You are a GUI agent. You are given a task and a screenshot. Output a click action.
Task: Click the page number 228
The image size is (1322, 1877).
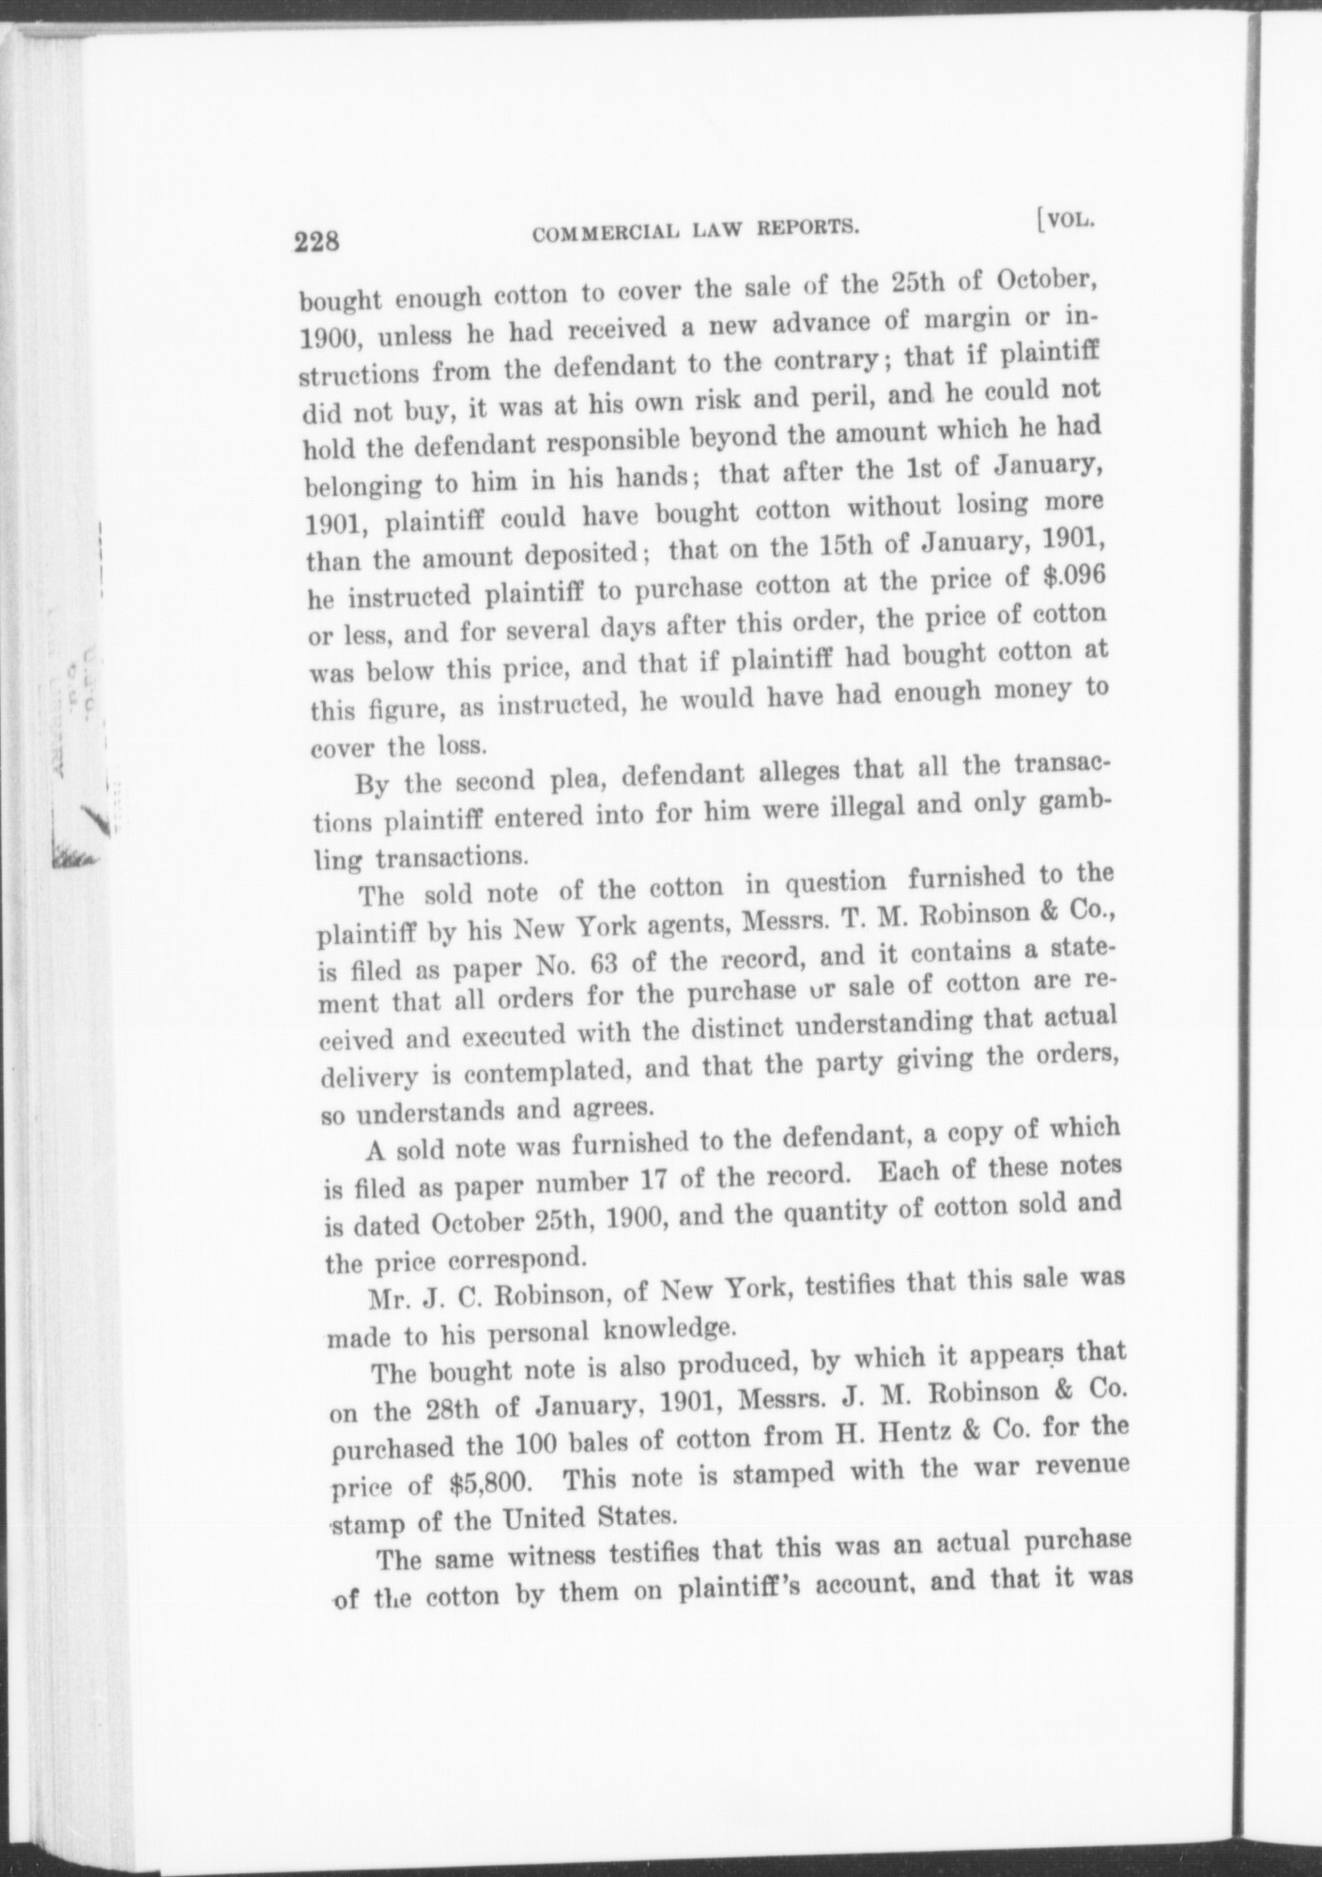[x=314, y=242]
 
